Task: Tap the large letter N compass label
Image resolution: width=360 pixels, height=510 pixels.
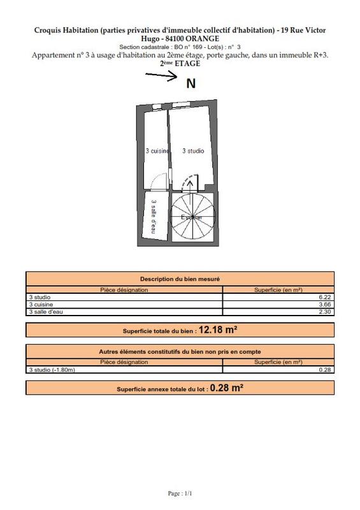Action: point(191,83)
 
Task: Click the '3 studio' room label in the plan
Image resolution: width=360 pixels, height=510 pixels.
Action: point(193,151)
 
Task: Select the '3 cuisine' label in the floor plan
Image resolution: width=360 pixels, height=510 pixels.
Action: point(157,151)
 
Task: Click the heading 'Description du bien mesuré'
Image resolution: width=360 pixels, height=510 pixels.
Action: point(180,279)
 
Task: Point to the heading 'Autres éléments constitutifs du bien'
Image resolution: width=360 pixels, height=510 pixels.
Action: point(180,351)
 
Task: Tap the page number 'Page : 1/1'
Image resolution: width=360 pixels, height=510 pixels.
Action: point(180,493)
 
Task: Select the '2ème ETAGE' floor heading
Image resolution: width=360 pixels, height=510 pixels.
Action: point(180,64)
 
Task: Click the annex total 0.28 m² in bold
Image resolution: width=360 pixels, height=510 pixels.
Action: point(227,388)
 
